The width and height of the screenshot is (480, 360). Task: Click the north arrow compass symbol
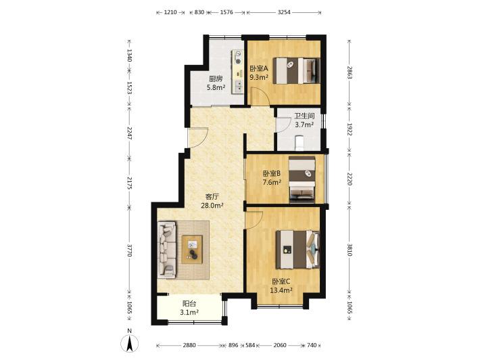point(130,343)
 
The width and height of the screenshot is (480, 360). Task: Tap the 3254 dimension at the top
point(284,13)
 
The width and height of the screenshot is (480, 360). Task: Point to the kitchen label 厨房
point(216,78)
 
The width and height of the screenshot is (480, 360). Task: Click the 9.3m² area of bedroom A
point(259,77)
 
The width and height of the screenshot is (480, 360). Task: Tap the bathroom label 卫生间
point(304,116)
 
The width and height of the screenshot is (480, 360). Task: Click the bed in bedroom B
point(302,179)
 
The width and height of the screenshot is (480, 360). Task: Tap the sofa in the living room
point(167,250)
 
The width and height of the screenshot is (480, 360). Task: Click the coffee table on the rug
point(192,249)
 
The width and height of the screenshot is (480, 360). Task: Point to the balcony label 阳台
point(189,304)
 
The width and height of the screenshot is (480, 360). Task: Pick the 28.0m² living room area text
point(212,206)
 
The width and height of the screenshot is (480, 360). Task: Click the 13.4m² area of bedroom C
point(281,290)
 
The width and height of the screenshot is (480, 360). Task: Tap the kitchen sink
point(238,86)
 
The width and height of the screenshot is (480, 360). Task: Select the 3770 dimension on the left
point(129,250)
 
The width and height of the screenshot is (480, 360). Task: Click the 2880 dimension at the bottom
point(189,345)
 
